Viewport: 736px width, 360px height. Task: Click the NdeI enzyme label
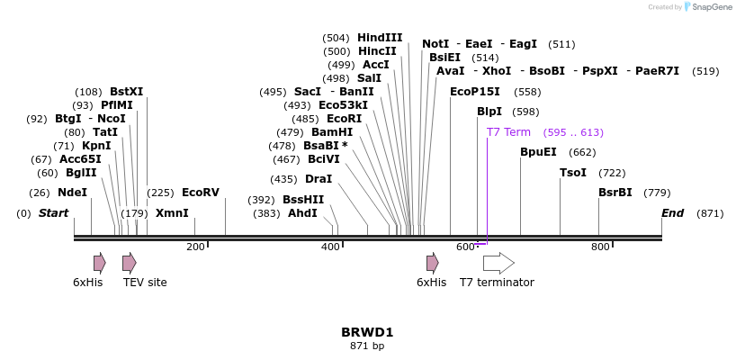pyautogui.click(x=72, y=193)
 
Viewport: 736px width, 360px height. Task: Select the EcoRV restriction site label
pyautogui.click(x=200, y=193)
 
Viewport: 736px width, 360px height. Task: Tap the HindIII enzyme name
pyautogui.click(x=380, y=38)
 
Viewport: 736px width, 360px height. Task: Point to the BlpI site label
pyautogui.click(x=489, y=112)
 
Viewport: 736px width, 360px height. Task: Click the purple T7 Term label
pyautogui.click(x=508, y=132)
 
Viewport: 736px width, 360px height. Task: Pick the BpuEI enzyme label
pyautogui.click(x=538, y=152)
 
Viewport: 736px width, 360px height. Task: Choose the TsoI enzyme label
pyautogui.click(x=573, y=173)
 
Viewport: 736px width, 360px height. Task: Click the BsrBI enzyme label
pyautogui.click(x=615, y=193)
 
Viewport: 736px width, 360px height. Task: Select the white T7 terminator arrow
pyautogui.click(x=498, y=263)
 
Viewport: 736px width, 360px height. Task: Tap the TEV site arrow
pyautogui.click(x=130, y=263)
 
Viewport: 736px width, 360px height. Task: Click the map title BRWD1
pyautogui.click(x=367, y=332)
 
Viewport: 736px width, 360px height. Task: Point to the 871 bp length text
pyautogui.click(x=367, y=346)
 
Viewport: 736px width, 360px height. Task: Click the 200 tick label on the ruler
pyautogui.click(x=195, y=247)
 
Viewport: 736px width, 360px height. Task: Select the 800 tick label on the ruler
pyautogui.click(x=600, y=247)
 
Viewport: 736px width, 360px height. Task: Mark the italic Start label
pyautogui.click(x=53, y=213)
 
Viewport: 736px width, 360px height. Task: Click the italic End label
pyautogui.click(x=672, y=213)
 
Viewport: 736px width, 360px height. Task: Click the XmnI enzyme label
pyautogui.click(x=172, y=213)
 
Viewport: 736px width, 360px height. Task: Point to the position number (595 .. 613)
pyautogui.click(x=573, y=132)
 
